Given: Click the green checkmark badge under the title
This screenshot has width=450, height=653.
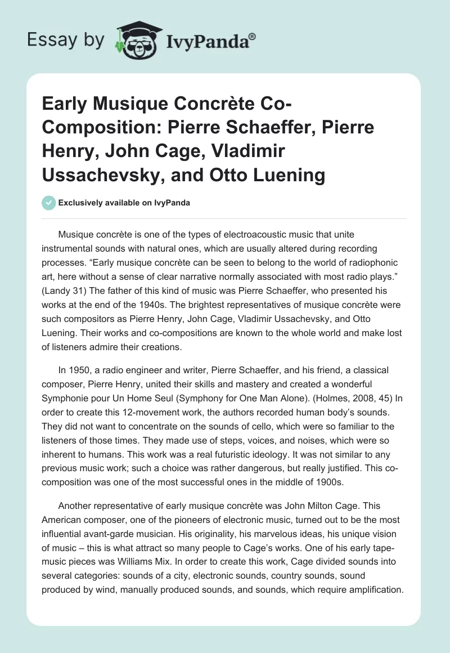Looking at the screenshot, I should (49, 203).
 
